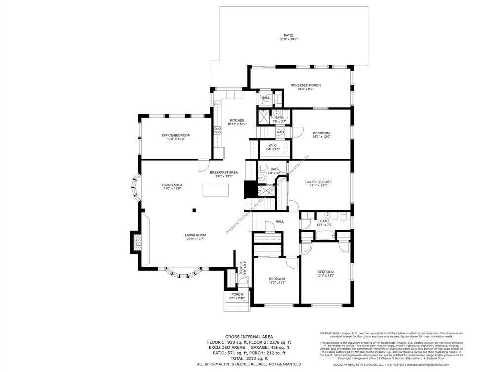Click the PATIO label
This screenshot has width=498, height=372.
(x=289, y=35)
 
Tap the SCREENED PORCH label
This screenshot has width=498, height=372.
(x=305, y=85)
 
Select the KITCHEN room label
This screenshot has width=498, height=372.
(x=237, y=121)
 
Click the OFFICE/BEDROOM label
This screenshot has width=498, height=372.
(x=176, y=135)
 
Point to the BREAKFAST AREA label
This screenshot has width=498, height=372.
(x=224, y=172)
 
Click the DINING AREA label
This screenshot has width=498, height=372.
(x=172, y=185)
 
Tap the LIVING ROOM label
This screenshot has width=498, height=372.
(x=195, y=235)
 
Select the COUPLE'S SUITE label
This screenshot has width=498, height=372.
(x=319, y=182)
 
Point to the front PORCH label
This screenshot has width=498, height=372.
(x=237, y=294)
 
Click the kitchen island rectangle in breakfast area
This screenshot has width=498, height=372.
(x=216, y=188)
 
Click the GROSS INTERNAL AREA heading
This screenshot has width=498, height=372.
(x=249, y=337)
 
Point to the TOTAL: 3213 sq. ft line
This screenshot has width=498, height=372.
(x=249, y=358)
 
